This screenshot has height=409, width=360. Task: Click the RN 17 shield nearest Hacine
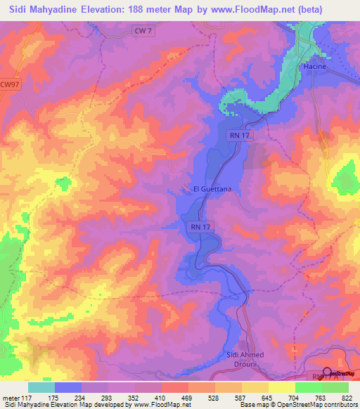tap(239, 134)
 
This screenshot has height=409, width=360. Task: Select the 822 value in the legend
tap(345, 397)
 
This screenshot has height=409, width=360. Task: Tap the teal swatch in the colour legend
tap(41, 387)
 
